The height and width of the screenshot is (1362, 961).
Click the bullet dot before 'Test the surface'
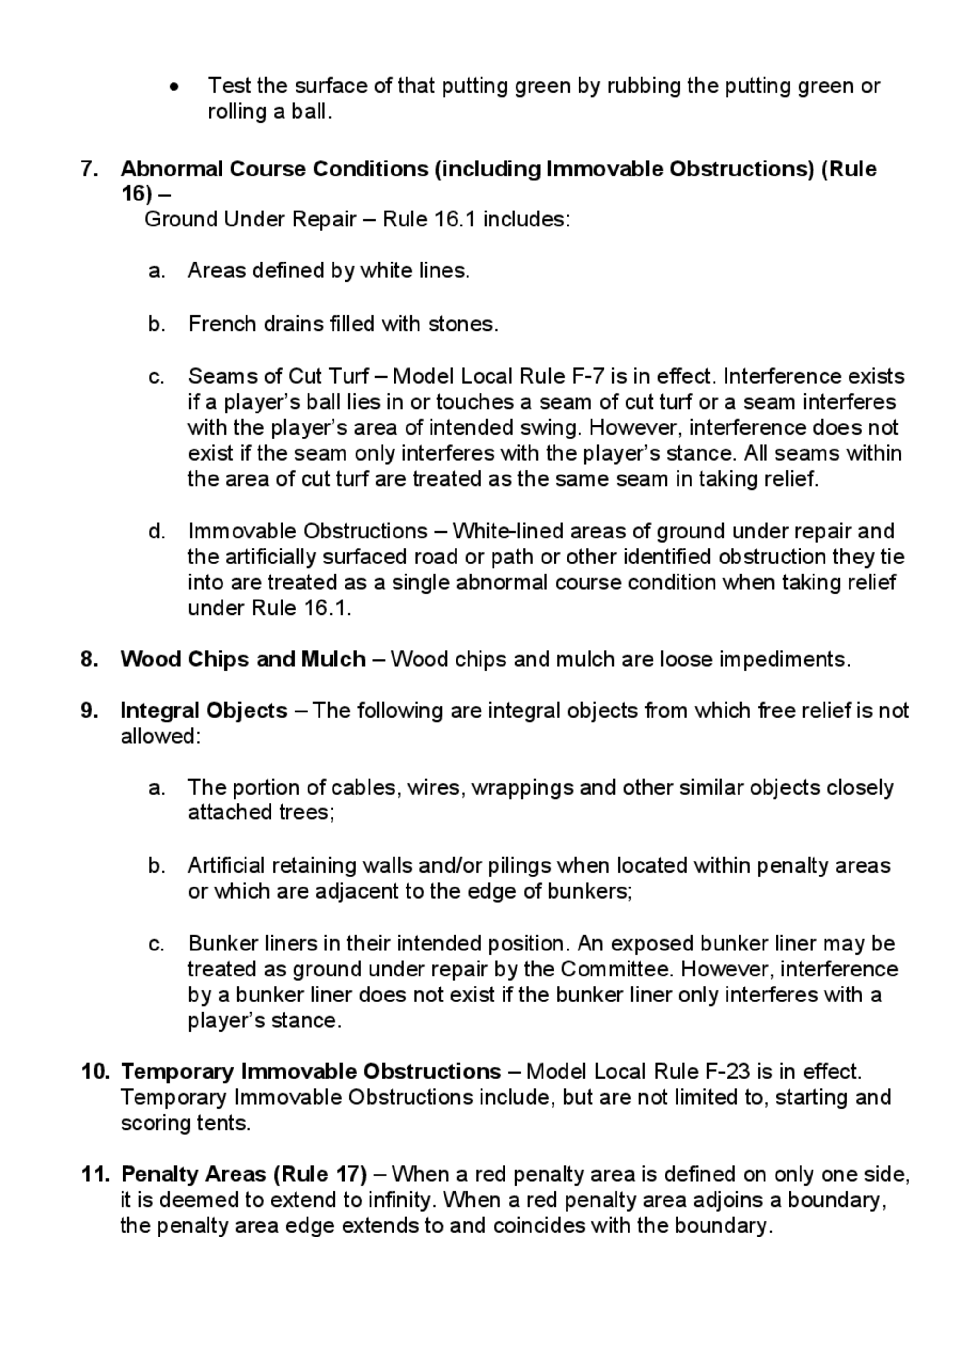[174, 87]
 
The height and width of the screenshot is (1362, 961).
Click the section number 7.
[89, 169]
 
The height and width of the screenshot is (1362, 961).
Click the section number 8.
[89, 659]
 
